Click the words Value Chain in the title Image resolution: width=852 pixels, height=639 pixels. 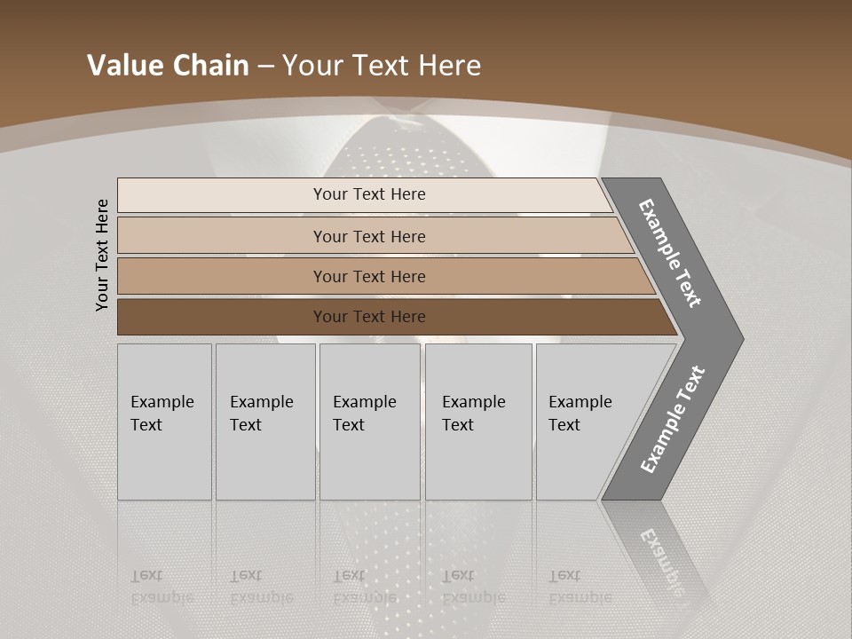tap(168, 66)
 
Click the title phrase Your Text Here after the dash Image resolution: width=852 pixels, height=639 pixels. tap(382, 66)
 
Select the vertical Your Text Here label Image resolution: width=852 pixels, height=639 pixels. tap(102, 256)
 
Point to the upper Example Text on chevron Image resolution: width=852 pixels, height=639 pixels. tap(671, 253)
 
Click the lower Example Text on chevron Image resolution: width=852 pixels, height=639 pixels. tap(673, 420)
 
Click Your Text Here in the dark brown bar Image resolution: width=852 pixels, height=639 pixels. tap(369, 317)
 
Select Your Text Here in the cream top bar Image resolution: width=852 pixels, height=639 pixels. tap(369, 194)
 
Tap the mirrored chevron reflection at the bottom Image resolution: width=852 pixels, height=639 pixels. tap(661, 555)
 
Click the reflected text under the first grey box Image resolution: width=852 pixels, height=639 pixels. tap(162, 587)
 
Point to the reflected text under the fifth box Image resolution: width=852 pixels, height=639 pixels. tap(580, 587)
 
